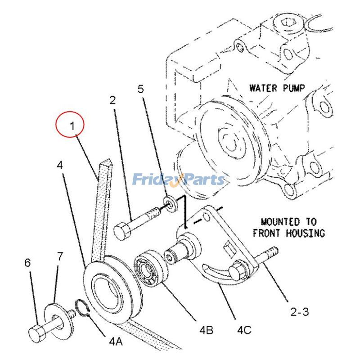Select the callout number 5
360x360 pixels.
coord(141,90)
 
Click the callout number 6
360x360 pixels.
coord(27,262)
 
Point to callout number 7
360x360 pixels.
coord(60,256)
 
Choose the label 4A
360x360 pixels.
coord(116,341)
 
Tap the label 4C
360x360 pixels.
coord(244,330)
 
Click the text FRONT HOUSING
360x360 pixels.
coord(288,233)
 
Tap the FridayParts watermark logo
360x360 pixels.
coord(178,180)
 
